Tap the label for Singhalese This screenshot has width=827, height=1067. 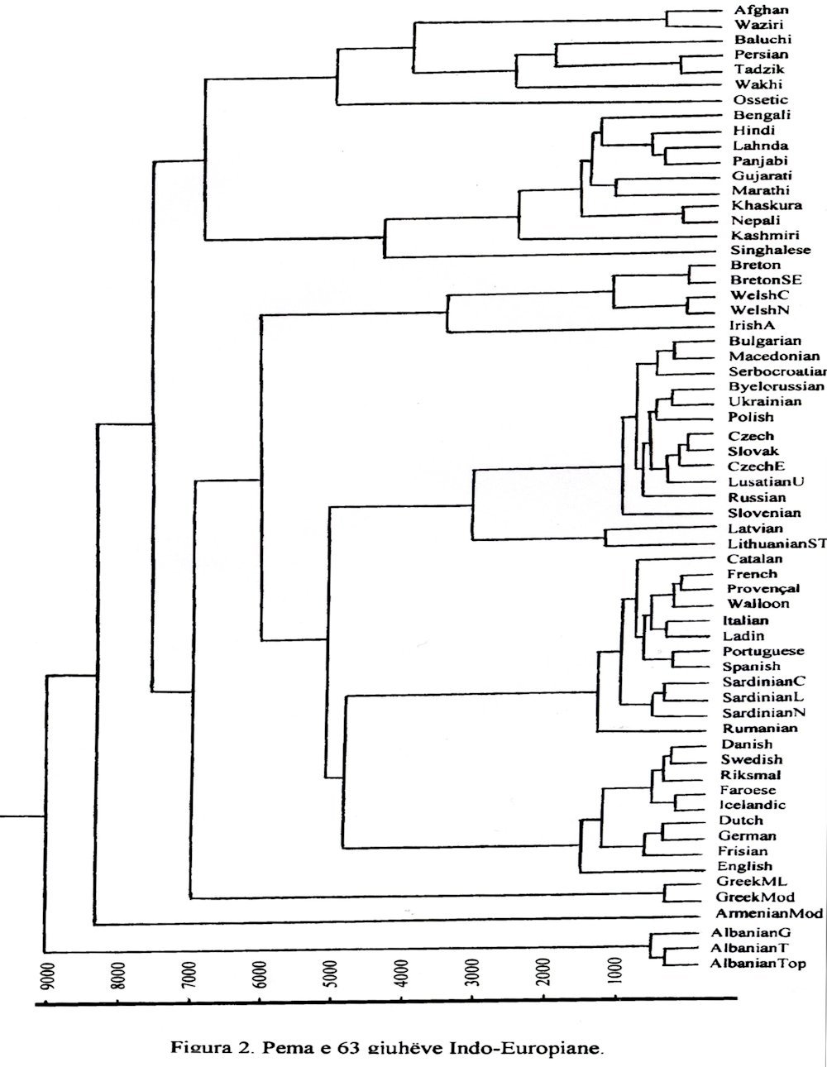(x=770, y=250)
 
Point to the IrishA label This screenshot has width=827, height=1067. (x=752, y=325)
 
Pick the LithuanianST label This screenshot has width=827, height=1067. (x=777, y=543)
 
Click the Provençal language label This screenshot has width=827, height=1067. (x=763, y=588)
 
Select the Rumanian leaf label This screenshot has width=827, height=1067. (x=760, y=729)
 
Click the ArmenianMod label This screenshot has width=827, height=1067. (x=770, y=914)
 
